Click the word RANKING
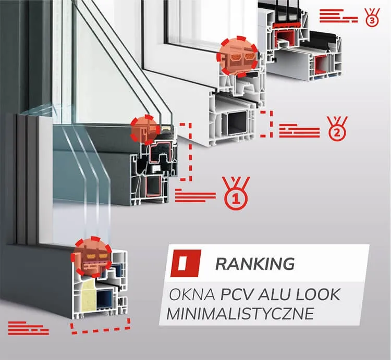click(255, 264)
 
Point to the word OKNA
click(192, 294)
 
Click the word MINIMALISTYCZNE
click(240, 314)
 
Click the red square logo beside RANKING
click(186, 263)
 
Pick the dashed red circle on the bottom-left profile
click(91, 257)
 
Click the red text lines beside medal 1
click(195, 195)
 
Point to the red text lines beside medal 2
click(299, 131)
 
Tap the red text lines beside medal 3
click(339, 16)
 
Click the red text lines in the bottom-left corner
click(29, 328)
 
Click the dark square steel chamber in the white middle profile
click(236, 122)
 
